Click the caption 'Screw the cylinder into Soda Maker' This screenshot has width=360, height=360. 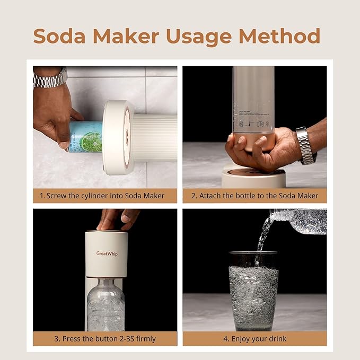[105, 196]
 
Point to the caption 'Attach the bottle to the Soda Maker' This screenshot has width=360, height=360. [254, 196]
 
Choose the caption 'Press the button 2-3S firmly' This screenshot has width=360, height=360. [105, 339]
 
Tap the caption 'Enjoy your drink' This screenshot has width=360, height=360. [254, 339]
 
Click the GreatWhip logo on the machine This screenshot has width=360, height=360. [107, 253]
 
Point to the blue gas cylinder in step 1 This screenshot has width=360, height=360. [85, 136]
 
